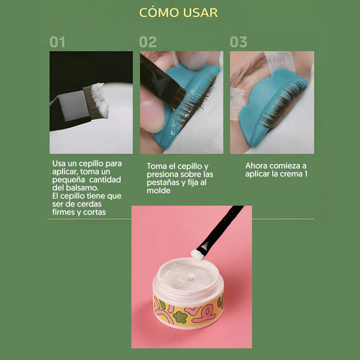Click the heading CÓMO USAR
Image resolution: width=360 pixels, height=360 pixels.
pyautogui.click(x=178, y=13)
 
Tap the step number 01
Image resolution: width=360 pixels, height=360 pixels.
pyautogui.click(x=58, y=42)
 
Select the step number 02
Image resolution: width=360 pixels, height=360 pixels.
pyautogui.click(x=148, y=42)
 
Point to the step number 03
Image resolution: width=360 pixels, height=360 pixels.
pyautogui.click(x=238, y=42)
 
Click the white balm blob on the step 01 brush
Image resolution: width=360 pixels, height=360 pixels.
pyautogui.click(x=100, y=100)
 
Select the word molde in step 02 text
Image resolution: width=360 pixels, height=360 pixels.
pyautogui.click(x=158, y=190)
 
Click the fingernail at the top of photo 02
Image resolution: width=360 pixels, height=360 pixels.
pyautogui.click(x=198, y=61)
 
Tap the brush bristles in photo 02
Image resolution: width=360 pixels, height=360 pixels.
pyautogui.click(x=178, y=98)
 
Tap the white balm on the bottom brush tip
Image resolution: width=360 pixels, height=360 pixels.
pyautogui.click(x=197, y=255)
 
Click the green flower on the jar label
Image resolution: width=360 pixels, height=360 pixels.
pyautogui.click(x=180, y=317)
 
